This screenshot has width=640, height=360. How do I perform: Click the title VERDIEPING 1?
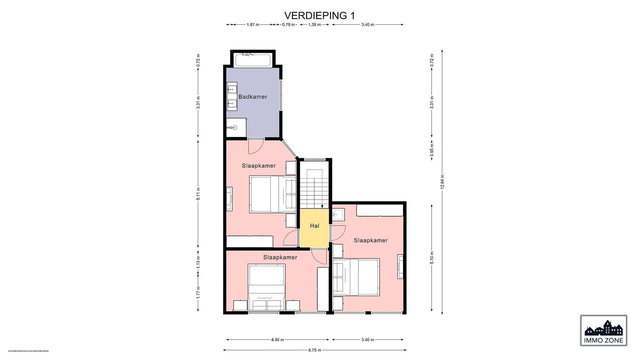(319, 16)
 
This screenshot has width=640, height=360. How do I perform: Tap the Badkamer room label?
(253, 97)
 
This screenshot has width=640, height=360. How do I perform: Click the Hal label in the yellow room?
(314, 226)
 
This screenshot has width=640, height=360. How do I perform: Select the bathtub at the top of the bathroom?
(253, 60)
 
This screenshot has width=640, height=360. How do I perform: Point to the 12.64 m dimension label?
(442, 182)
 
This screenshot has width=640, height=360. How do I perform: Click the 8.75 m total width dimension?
(314, 350)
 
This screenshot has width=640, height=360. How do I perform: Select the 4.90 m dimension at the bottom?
(277, 340)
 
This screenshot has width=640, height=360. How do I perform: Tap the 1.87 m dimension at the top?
(253, 25)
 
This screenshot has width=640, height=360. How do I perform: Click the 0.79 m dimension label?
(288, 25)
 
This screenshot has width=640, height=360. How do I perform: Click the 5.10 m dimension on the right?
(432, 258)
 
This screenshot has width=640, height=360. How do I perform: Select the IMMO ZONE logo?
(603, 330)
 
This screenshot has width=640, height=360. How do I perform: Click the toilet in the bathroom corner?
(234, 127)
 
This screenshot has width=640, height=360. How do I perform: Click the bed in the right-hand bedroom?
(356, 277)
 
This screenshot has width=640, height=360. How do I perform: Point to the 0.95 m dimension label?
(432, 150)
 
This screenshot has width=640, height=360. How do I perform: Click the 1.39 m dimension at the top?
(314, 25)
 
